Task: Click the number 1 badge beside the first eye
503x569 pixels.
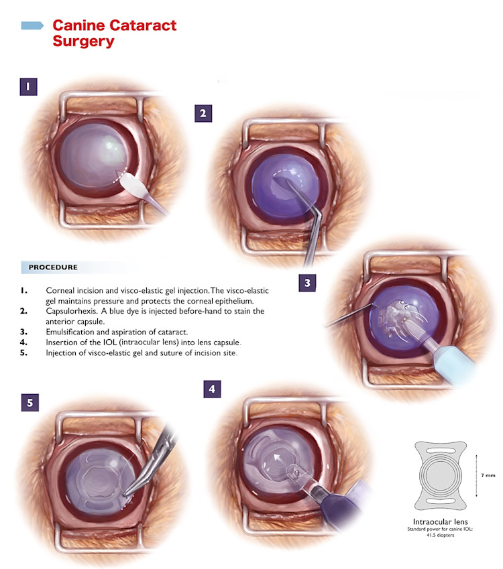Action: coord(27,86)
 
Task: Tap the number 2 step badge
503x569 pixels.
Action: coord(203,113)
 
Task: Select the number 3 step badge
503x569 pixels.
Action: coord(307,282)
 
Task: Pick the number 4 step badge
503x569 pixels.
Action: coord(213,388)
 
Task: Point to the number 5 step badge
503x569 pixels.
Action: coord(30,402)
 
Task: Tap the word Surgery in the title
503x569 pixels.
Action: coord(83,42)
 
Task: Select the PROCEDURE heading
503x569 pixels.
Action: coord(53,267)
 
